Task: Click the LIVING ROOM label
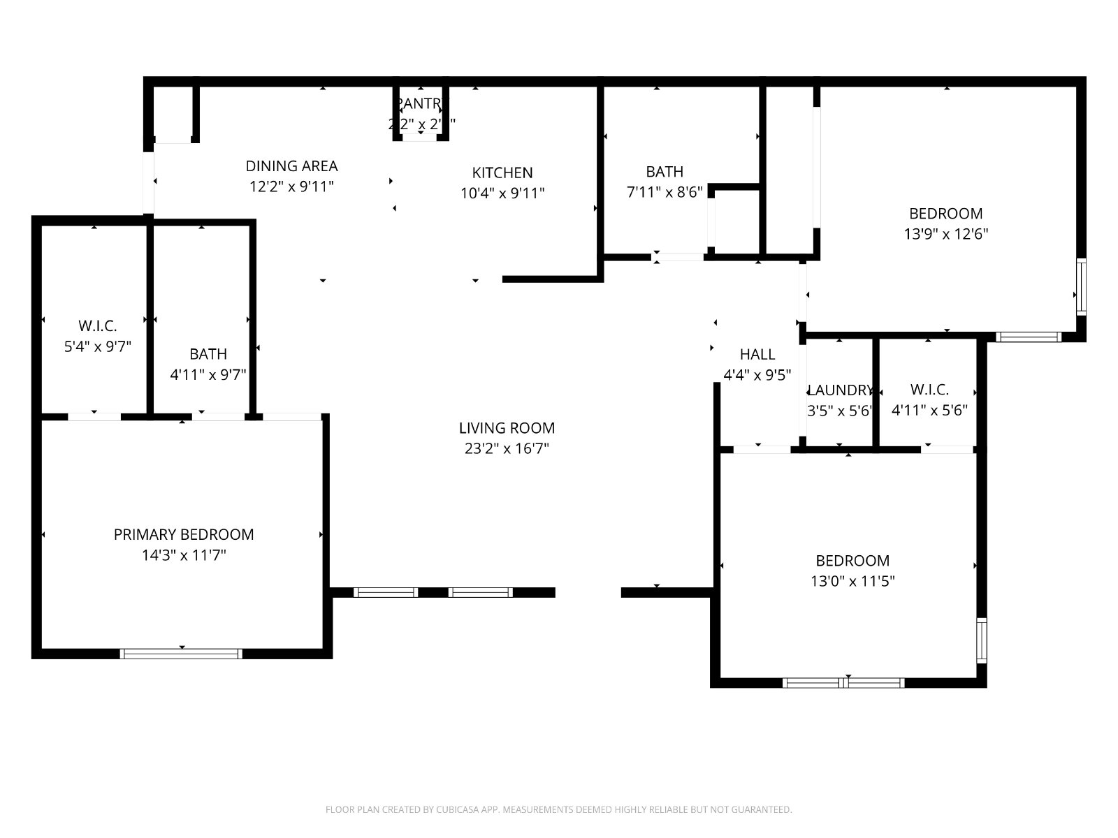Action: click(x=507, y=428)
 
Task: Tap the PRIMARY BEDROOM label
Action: click(x=184, y=535)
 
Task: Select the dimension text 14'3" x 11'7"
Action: click(x=184, y=556)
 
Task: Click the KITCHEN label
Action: click(x=502, y=172)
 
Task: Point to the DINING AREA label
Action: click(x=291, y=166)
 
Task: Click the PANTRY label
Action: click(x=420, y=104)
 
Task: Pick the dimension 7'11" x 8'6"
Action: click(x=665, y=193)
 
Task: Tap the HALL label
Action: click(x=757, y=354)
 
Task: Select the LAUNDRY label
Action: click(x=840, y=390)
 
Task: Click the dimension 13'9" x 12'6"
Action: click(x=946, y=234)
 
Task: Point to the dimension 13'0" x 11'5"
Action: click(x=852, y=581)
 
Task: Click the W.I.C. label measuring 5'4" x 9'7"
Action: click(x=97, y=325)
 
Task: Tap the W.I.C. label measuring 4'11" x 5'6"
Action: click(x=929, y=390)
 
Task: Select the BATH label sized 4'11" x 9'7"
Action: click(x=208, y=354)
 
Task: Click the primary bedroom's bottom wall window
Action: click(x=181, y=654)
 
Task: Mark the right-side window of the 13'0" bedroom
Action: click(x=982, y=640)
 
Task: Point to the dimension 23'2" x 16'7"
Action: click(x=507, y=449)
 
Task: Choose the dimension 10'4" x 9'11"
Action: click(x=502, y=193)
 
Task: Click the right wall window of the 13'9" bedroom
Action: click(x=1082, y=286)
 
